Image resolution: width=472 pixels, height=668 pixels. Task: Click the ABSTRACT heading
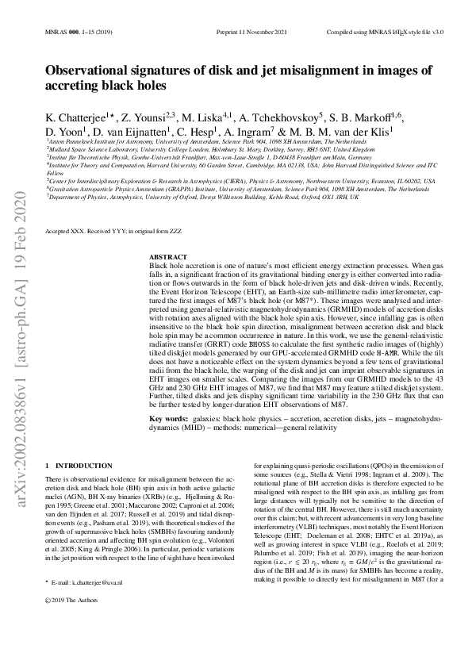point(167,258)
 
